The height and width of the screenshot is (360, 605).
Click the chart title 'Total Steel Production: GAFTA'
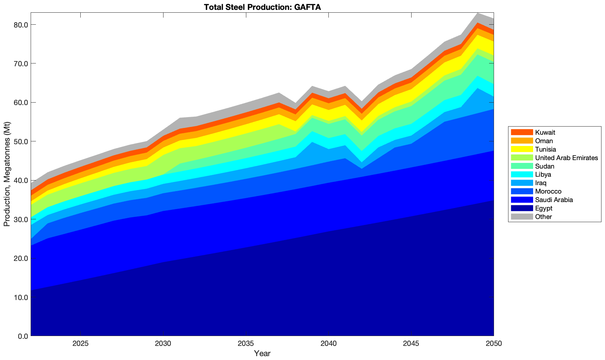point(262,7)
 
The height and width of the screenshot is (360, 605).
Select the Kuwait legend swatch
point(522,133)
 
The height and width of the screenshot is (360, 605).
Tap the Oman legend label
point(544,141)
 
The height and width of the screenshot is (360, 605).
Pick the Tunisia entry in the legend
point(545,150)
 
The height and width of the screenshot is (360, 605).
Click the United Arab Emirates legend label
point(566,158)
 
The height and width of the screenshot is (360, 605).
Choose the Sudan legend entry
point(544,166)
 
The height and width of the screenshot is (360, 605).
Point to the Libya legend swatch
point(522,175)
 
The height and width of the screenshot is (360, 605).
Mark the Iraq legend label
point(541,183)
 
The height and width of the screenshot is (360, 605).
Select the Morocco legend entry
point(548,191)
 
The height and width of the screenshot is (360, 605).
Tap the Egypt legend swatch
point(522,208)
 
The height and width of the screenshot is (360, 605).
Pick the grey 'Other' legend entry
point(543,217)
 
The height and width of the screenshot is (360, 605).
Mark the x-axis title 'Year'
point(262,353)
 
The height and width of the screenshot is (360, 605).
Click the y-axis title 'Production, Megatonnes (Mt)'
point(7,174)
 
